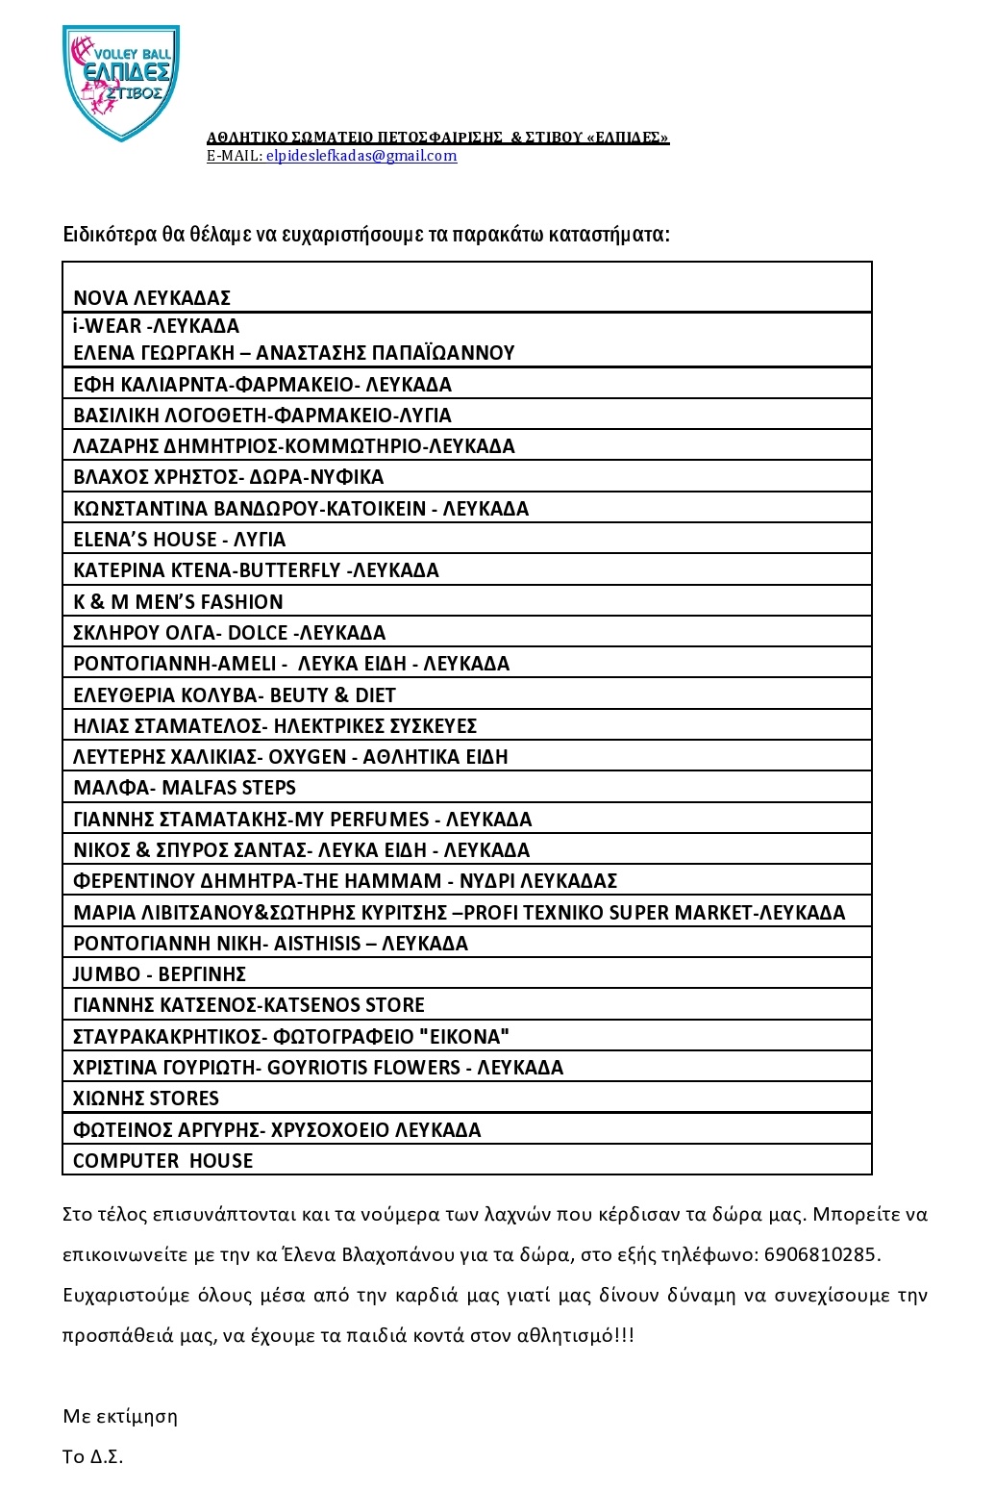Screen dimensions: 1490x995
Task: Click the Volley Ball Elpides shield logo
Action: [121, 82]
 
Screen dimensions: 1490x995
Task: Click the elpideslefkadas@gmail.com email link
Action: [361, 156]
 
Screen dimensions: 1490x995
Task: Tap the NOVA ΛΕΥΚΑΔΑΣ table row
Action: [152, 298]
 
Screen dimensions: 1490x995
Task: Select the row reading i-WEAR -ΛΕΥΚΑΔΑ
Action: [156, 326]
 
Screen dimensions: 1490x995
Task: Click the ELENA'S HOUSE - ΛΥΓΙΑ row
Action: [180, 540]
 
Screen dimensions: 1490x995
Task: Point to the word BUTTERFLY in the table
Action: [289, 570]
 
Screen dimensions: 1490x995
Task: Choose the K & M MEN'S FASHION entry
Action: [178, 602]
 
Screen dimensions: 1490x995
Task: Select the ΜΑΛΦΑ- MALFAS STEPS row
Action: [185, 788]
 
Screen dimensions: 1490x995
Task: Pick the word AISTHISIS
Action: [318, 944]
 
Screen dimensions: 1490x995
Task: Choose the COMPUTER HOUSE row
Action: [163, 1161]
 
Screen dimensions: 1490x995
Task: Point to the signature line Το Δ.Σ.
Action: [93, 1456]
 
